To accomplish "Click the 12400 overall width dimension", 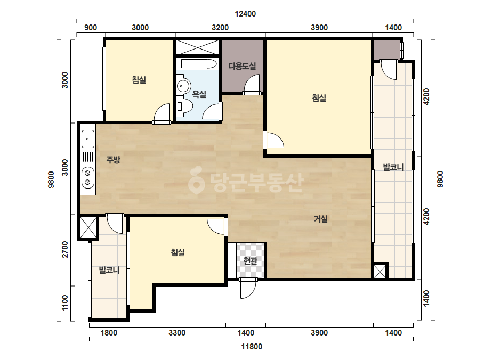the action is [245, 14].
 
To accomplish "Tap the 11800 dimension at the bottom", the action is [252, 347].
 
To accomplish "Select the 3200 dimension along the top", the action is [220, 28].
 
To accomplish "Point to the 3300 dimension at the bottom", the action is [177, 333].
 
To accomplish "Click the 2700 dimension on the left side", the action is [64, 249].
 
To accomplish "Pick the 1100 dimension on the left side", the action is [64, 303].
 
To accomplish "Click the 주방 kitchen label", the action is [114, 160].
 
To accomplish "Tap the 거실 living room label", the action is [321, 218].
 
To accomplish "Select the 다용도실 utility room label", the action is [242, 66].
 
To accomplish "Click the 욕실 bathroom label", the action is [199, 94].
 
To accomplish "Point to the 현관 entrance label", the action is [250, 260].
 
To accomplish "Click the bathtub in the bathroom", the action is [199, 64].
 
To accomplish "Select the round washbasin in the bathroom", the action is [183, 86].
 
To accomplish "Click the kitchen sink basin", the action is [88, 139].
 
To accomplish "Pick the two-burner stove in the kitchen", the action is [88, 177].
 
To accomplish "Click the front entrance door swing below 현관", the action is [248, 289].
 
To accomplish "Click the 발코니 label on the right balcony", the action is [393, 167].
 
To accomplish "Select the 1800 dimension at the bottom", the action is [109, 333].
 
